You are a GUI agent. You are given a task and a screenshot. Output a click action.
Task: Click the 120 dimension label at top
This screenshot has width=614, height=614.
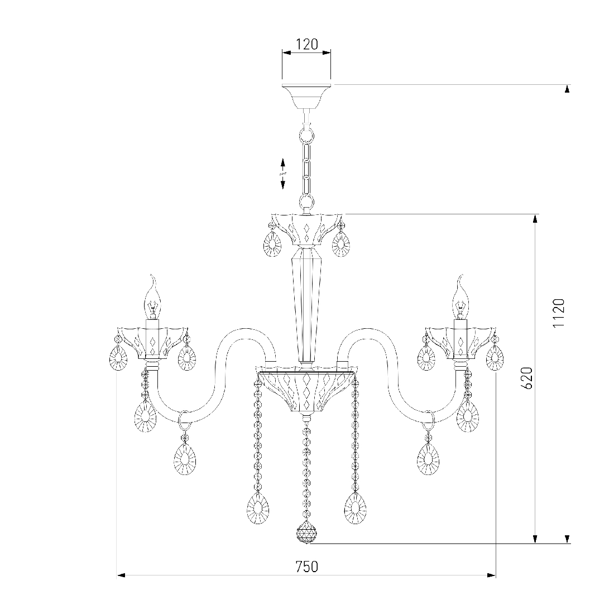(306, 44)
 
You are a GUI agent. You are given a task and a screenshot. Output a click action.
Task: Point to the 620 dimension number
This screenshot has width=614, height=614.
(527, 378)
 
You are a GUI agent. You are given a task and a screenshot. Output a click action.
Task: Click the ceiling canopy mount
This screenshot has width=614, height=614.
(306, 97)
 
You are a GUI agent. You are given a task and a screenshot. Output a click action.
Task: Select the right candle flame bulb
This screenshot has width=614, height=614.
(461, 297)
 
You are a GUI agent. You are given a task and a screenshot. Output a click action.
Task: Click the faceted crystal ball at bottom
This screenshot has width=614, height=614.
(306, 533)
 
